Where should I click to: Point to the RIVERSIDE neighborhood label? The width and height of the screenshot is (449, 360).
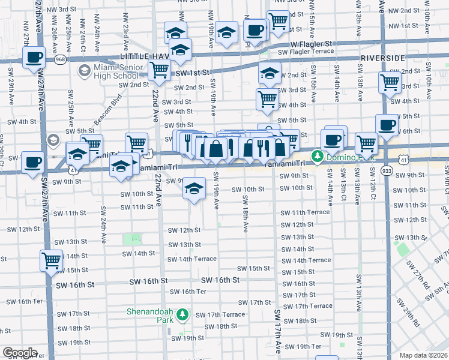click(384, 58)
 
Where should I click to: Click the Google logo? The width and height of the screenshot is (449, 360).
click(20, 352)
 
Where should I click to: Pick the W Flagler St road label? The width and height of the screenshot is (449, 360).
click(312, 44)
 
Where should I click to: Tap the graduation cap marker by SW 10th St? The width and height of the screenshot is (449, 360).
click(194, 188)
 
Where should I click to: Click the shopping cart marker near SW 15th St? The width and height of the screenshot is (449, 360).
click(52, 260)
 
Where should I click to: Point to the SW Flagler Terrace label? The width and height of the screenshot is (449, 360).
click(306, 52)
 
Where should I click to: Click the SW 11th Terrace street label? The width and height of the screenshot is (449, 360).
click(306, 212)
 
